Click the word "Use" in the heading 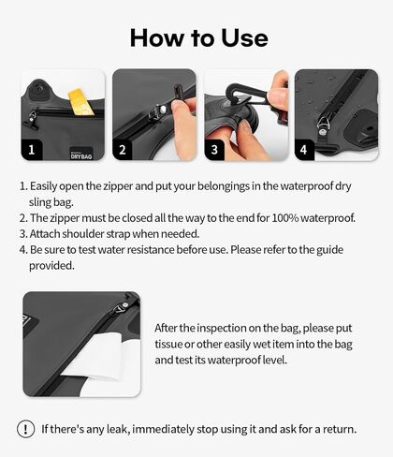tap(244, 37)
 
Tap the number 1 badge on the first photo tap(32, 150)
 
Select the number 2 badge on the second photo tap(123, 150)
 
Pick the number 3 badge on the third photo tap(214, 150)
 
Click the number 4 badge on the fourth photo tap(304, 150)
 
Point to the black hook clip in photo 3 tap(246, 95)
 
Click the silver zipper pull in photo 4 tap(323, 127)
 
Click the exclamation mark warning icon tap(25, 429)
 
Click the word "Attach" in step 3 tap(45, 234)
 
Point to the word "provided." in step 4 tap(51, 266)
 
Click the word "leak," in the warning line tap(118, 429)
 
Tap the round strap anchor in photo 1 tap(38, 89)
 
